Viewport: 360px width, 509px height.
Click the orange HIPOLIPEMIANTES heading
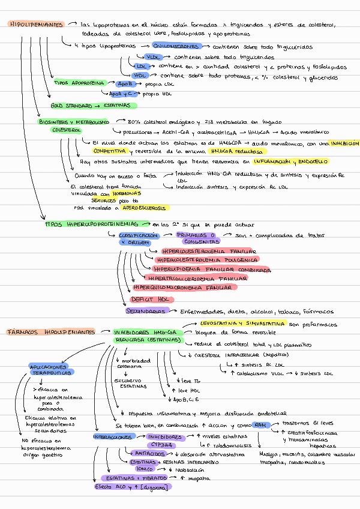tap(35, 25)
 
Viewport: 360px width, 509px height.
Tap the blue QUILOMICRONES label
tap(175, 46)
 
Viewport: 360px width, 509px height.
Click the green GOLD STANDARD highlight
tap(90, 106)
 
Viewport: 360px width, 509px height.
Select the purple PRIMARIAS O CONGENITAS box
tap(197, 238)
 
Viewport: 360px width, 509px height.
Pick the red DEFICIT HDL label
tap(152, 299)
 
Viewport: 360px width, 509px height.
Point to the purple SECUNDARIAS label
tap(146, 312)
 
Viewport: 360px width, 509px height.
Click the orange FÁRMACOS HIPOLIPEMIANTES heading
tap(51, 332)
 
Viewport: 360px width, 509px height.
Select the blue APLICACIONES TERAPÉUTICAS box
tap(51, 369)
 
